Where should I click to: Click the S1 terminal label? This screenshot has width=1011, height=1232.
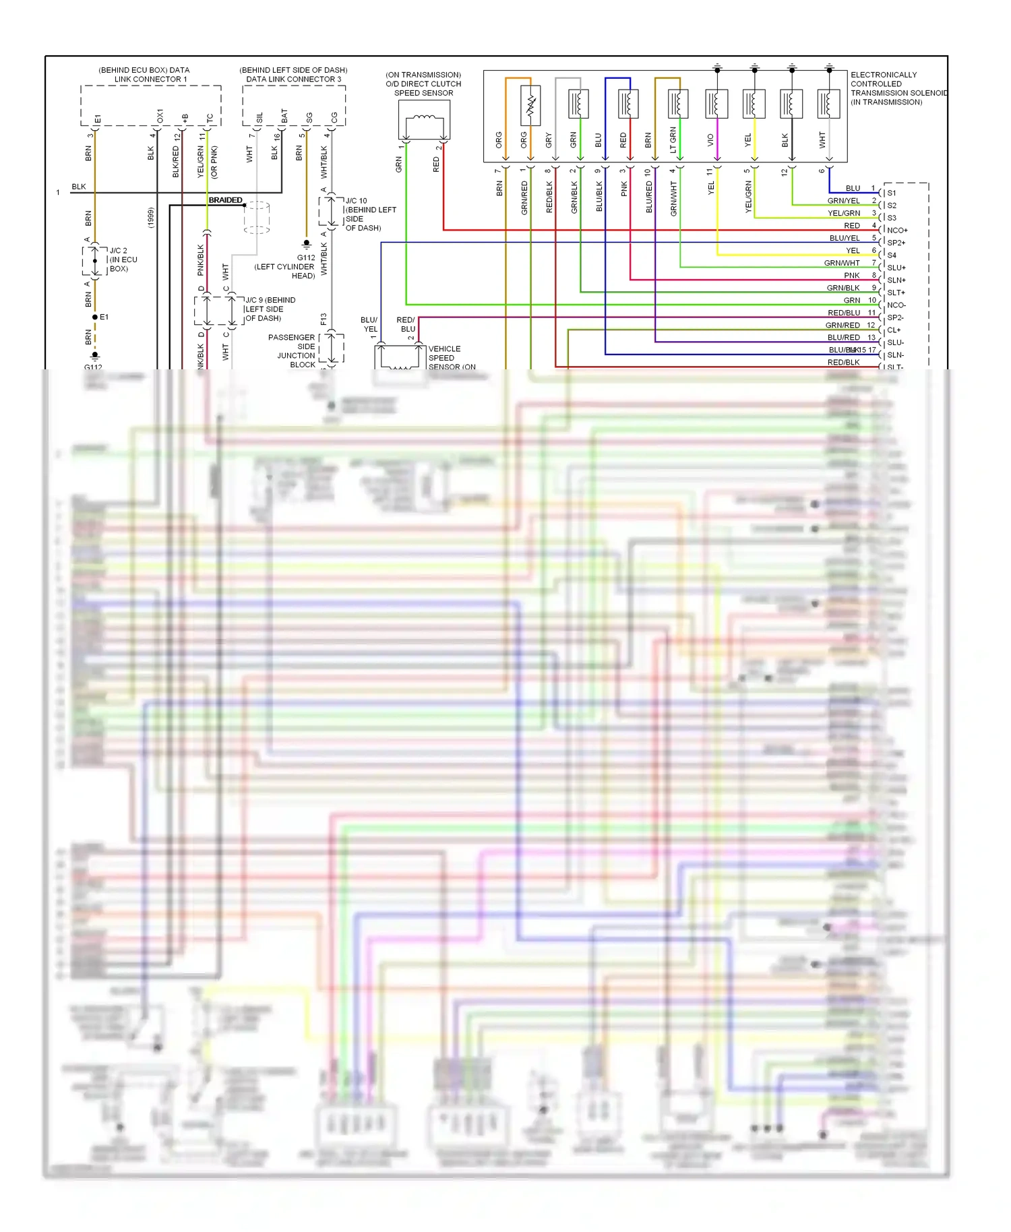pos(892,193)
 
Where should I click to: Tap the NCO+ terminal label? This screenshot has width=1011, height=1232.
pos(897,230)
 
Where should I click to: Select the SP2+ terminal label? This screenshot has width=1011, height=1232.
pos(896,243)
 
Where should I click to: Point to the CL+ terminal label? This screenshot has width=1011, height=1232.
pos(894,330)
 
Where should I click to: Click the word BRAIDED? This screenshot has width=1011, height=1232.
pos(225,200)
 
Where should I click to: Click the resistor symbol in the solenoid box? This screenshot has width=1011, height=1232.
pos(530,105)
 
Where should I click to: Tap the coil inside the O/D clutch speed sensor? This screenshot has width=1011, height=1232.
pos(424,119)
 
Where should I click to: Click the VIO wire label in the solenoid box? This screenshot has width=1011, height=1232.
pos(710,140)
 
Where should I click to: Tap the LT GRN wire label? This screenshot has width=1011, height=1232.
pos(673,140)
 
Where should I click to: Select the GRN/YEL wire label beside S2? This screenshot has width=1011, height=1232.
pos(843,201)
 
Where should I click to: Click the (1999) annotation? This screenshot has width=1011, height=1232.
pos(151,217)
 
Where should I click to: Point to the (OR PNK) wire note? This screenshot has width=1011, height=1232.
pos(214,162)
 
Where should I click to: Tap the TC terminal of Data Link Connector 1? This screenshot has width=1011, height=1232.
pos(210,118)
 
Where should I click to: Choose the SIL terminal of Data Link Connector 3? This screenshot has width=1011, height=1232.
pos(259,118)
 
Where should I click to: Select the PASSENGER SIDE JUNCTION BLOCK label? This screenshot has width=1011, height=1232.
pos(293,350)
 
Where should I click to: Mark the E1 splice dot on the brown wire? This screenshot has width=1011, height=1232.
pos(95,317)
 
